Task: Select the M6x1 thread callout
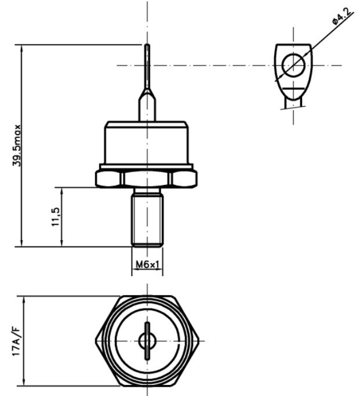point(147,265)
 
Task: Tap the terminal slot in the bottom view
point(147,341)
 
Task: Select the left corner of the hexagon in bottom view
point(97,341)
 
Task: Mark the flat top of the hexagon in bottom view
point(147,297)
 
